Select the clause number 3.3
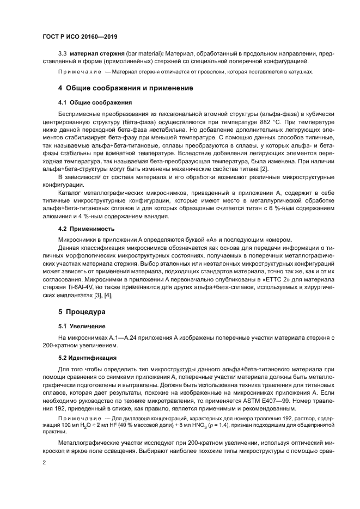point(63,55)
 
